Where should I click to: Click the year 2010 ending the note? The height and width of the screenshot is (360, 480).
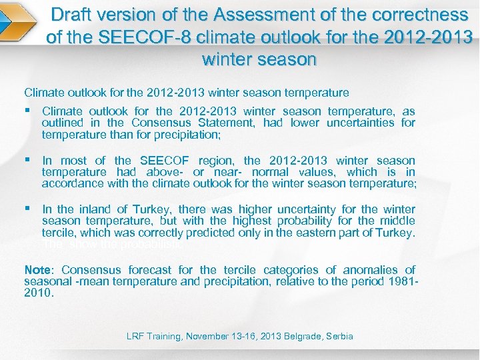pos(38,293)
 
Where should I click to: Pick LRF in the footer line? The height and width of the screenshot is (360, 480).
pos(135,337)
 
